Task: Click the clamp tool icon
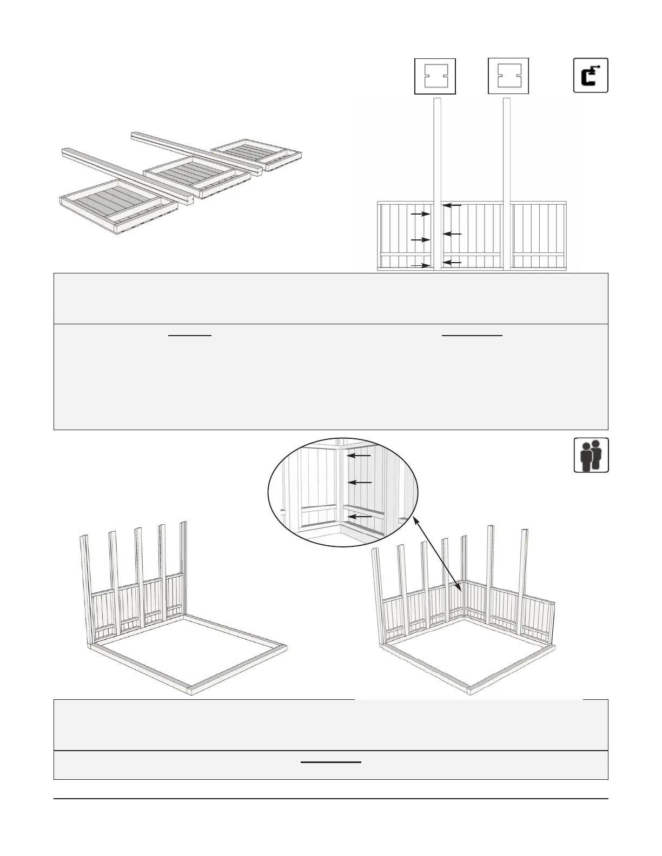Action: [591, 75]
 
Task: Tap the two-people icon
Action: [591, 455]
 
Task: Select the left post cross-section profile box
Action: [435, 76]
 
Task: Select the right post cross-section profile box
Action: [508, 76]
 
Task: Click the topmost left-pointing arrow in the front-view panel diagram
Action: [452, 205]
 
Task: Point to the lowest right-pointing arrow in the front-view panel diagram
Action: [421, 265]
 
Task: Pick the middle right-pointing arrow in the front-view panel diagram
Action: [420, 239]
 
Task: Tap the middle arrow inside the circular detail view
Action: [360, 482]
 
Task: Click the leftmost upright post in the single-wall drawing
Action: [86, 589]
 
